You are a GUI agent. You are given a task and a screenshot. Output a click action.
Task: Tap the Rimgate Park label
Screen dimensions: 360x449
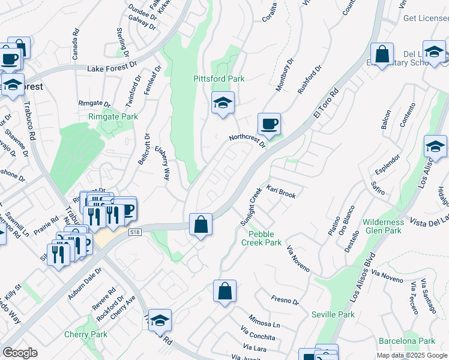(x=113, y=116)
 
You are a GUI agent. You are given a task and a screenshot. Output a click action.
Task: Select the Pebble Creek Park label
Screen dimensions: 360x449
(x=261, y=238)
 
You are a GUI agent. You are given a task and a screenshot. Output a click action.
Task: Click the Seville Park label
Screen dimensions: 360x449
(x=333, y=314)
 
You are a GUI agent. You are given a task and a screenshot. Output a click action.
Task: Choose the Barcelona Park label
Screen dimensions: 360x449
(x=411, y=341)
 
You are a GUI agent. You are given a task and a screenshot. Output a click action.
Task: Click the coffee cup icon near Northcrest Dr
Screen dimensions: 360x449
(x=269, y=124)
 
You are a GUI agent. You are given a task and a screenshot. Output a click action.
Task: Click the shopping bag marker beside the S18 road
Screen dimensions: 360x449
(x=201, y=225)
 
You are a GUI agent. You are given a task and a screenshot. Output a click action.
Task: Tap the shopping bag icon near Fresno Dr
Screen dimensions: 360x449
(x=224, y=292)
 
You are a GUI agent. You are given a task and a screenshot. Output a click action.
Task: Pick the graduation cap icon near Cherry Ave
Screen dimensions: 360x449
(x=160, y=320)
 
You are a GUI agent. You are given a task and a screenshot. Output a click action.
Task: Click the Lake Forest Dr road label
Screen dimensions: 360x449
(x=112, y=69)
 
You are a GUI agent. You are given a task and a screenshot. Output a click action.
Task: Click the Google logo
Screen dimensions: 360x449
(x=20, y=353)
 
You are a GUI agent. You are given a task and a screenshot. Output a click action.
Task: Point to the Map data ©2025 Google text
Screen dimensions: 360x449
(x=412, y=355)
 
